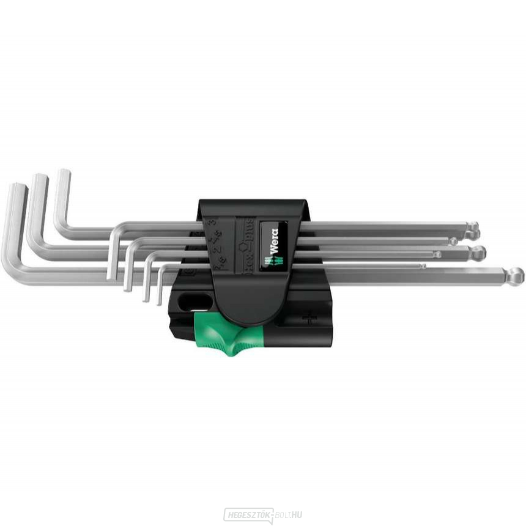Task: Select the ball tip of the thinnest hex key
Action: coord(423,265)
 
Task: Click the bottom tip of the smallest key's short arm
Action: coord(159,302)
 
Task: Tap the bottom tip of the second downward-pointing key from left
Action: coord(128,287)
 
